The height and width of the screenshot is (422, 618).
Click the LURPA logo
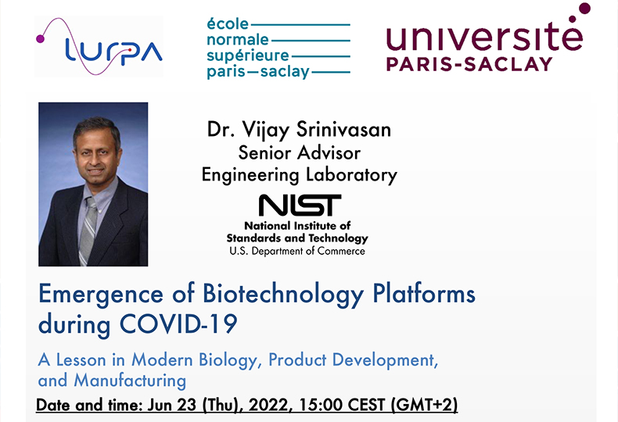coord(99,46)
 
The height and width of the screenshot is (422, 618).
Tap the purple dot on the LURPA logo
coord(40,38)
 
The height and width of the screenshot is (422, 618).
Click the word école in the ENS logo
coord(228,24)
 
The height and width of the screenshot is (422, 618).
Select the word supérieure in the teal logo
coord(247,56)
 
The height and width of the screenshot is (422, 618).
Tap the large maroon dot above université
coord(584,9)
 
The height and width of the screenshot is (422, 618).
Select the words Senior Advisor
coord(299,152)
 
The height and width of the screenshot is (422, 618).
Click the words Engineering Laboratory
coord(299,175)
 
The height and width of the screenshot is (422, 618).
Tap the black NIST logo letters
coord(300,205)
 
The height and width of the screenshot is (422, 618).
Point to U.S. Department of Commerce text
coord(297,251)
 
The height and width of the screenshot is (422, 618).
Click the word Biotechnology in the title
coord(283,295)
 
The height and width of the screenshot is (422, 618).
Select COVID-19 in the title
coord(178,324)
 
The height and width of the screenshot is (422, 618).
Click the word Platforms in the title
coord(424,294)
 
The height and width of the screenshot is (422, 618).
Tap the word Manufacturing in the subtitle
coord(130,381)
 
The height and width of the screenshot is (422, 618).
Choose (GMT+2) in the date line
coord(424,405)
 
